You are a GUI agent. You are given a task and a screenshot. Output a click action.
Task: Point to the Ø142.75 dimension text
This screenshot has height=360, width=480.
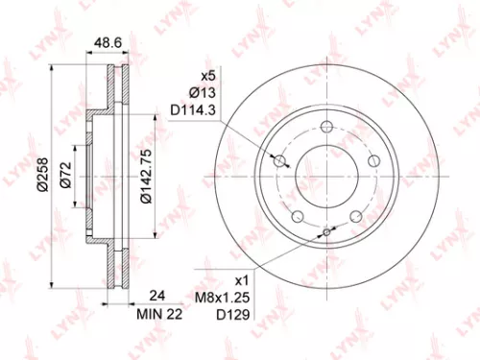pyautogui.click(x=145, y=173)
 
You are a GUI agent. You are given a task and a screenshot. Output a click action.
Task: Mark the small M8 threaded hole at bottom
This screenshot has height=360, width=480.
pyautogui.click(x=327, y=230)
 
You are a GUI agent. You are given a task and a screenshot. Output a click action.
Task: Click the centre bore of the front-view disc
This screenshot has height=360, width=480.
pyautogui.click(x=327, y=174)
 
